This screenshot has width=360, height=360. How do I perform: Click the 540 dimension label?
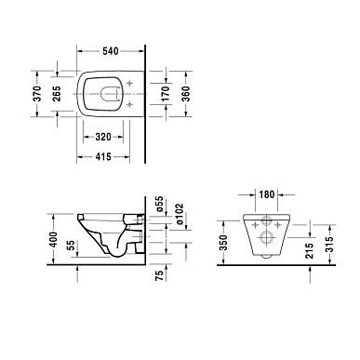pos(111,51)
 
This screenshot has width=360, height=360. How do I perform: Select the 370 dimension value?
pos(37,94)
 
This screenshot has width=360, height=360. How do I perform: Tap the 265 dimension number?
pos(57,94)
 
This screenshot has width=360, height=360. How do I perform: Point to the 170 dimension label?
pos(167,94)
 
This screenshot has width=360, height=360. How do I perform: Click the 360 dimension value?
pos(186,94)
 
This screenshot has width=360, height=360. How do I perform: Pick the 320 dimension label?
pos(103,137)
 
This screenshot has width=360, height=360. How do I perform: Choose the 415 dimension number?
pos(103,156)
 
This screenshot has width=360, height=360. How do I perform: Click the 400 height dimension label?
pos(54,239)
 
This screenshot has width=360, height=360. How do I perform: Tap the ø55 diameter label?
pos(159,204)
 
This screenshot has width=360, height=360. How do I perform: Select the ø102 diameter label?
pos(179,215)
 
